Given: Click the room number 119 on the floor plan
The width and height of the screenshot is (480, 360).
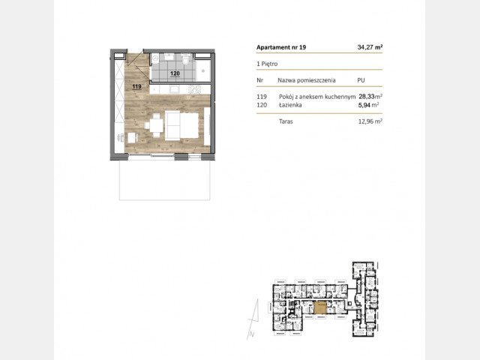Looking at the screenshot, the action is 136,87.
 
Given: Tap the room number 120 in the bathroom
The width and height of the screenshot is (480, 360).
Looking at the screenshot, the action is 175,73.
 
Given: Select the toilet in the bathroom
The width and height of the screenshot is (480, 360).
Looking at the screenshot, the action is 185,58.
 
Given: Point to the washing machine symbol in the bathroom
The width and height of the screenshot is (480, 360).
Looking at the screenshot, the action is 155,57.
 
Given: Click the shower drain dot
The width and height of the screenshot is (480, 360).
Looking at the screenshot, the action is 202,70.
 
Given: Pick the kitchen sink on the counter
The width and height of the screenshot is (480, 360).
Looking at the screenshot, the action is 175,89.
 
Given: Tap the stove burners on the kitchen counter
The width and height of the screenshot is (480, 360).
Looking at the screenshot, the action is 195,89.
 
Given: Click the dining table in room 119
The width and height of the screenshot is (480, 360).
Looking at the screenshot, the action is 156,125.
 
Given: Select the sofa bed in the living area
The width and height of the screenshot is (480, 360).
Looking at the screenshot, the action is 181,125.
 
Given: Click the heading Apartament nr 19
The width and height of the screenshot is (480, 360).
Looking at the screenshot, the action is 281,47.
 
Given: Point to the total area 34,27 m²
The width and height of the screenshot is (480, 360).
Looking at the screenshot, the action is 370,47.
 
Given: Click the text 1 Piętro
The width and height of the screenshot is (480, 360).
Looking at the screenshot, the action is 267,64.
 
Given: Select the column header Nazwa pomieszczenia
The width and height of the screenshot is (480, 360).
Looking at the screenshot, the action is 307,80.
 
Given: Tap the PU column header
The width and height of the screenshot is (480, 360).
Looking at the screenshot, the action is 361,80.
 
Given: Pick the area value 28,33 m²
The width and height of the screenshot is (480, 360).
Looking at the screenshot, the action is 370,97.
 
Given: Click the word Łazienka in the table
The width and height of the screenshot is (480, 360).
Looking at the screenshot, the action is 290,105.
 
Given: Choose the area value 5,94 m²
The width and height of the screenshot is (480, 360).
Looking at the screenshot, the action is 368,105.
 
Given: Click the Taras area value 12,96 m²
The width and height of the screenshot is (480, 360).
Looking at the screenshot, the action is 370,121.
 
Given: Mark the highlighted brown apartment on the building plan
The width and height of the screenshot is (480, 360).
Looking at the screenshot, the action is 320,307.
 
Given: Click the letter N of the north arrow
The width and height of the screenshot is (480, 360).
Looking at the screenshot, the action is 252,334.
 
